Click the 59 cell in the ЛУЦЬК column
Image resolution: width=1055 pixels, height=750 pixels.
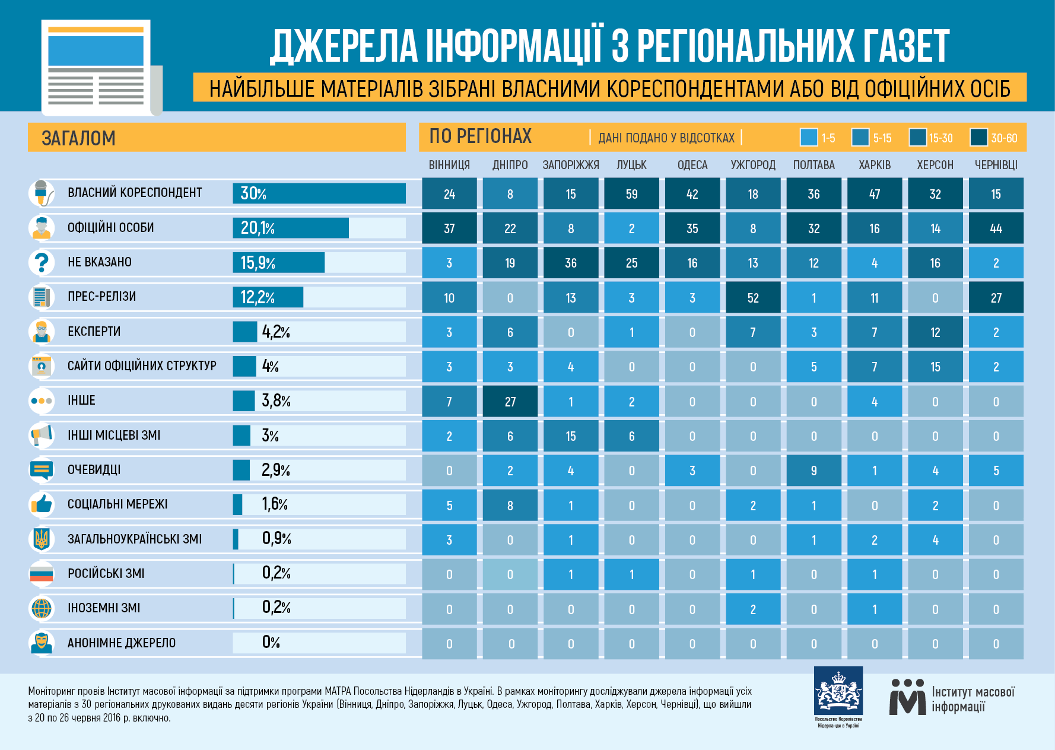point(631,194)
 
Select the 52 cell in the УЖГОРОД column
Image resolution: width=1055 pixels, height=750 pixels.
point(753,298)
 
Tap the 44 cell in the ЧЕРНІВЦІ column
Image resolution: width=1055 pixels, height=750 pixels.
point(996,228)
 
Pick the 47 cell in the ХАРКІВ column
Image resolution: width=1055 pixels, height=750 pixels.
point(874,194)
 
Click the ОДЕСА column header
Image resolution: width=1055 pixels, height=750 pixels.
point(692,165)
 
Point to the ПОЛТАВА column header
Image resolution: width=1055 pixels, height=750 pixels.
point(814,165)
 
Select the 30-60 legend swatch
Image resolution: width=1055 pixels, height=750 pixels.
point(978,138)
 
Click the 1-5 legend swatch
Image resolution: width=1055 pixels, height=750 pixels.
point(809,138)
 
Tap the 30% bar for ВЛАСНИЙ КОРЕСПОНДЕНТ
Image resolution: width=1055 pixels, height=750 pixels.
point(319,193)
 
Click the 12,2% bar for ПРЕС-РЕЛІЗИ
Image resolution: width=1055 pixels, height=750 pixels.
point(268,297)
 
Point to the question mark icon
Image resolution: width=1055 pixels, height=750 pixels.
point(42,262)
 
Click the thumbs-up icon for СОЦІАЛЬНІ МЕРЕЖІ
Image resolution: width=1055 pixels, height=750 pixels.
point(42,504)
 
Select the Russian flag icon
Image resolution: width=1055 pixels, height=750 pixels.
point(42,574)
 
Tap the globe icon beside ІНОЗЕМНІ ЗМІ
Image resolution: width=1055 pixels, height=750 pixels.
point(42,608)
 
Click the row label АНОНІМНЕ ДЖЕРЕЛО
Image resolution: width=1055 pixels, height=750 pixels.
point(122,643)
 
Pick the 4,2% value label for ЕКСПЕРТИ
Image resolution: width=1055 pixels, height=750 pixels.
point(276,332)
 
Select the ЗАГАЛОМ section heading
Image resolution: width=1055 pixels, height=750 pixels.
point(78,138)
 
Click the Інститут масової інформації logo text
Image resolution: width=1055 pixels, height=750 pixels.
point(973,699)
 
